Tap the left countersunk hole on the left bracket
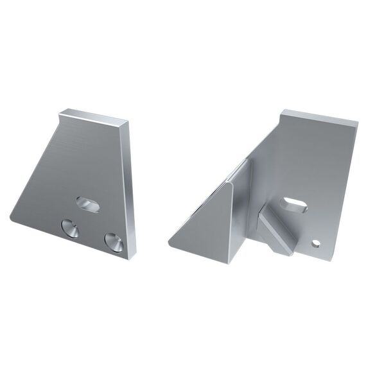69,227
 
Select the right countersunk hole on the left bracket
114,241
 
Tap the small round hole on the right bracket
316,243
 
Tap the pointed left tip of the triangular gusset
170,244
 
